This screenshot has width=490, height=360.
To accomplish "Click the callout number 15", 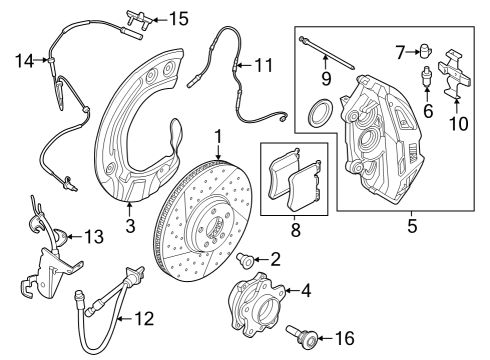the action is tap(179, 19).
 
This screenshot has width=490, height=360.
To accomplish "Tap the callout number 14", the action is tap(25, 61).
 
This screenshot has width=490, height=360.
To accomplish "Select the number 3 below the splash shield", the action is tap(130, 226).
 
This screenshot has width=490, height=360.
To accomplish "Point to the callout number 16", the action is tap(345, 339).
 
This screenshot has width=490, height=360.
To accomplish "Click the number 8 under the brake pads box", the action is tap(296, 230).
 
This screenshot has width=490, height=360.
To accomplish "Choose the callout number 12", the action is tap(144, 319).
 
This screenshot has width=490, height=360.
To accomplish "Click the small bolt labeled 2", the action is tap(245, 260).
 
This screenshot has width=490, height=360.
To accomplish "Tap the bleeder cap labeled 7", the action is tap(424, 51).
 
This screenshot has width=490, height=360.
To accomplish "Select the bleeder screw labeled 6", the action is tap(426, 77).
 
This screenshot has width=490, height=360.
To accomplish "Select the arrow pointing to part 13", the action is tap(74, 237).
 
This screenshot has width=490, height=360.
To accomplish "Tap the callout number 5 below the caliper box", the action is tap(412, 226).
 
